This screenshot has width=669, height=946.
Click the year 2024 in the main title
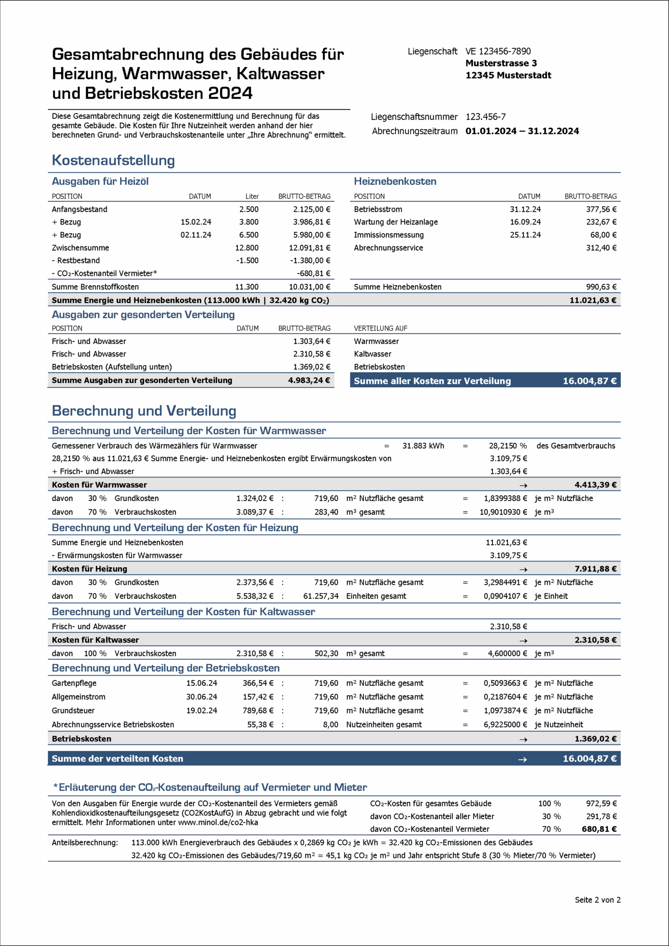[230, 93]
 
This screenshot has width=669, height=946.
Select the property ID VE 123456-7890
[498, 51]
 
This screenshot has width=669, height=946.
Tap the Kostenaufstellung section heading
[113, 160]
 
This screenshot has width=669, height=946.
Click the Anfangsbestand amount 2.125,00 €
[311, 209]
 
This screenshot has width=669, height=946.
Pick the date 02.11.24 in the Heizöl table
[196, 235]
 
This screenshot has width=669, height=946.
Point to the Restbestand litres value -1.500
[247, 261]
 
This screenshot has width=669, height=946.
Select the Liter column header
[252, 197]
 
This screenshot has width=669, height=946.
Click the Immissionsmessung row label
[389, 235]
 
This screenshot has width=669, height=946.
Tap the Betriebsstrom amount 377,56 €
[601, 209]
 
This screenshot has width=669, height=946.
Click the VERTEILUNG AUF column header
[380, 329]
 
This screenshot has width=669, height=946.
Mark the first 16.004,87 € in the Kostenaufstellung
[590, 381]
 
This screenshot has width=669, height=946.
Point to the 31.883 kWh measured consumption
[423, 446]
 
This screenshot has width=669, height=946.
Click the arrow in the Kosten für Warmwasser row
[523, 485]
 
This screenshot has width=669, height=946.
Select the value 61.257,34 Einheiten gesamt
[321, 596]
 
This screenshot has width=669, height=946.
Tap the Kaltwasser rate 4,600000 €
[507, 653]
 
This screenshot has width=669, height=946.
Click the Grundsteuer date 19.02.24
[201, 711]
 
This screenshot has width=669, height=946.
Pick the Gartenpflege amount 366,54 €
[258, 683]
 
